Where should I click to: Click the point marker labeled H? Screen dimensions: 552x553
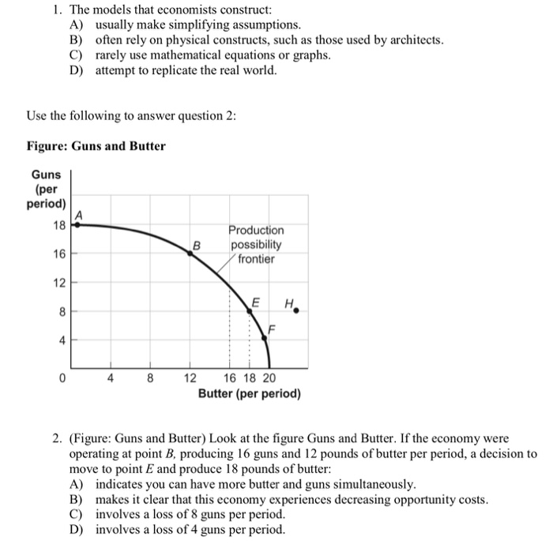[296, 311]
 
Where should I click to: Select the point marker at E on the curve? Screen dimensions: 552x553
[250, 312]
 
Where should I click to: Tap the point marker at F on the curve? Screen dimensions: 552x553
[265, 337]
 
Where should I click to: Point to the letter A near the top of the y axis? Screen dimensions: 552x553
[78, 214]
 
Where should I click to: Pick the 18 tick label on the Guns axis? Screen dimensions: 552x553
[59, 225]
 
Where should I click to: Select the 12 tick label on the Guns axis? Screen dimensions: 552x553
[59, 283]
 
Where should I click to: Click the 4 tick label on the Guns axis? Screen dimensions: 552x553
[62, 341]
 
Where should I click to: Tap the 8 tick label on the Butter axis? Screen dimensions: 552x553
[149, 378]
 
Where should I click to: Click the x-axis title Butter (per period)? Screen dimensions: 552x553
[249, 392]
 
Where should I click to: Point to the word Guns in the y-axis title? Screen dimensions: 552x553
[46, 174]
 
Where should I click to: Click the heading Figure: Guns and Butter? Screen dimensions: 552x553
[96, 145]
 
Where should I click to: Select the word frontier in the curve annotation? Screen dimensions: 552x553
[255, 258]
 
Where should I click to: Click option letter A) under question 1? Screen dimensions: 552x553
[77, 26]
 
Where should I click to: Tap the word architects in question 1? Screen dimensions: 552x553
[414, 40]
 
